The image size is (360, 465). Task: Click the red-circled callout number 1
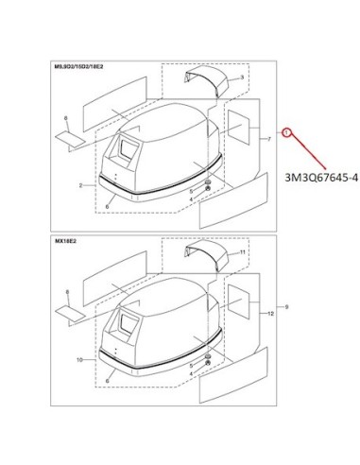pyautogui.click(x=286, y=133)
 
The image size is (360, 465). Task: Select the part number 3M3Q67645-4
pyautogui.click(x=321, y=179)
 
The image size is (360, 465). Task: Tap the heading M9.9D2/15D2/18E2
pyautogui.click(x=79, y=67)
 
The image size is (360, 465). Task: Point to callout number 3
pyautogui.click(x=242, y=77)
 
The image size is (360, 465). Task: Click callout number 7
pyautogui.click(x=269, y=139)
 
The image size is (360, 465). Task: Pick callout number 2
pyautogui.click(x=80, y=185)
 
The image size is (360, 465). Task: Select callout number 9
pyautogui.click(x=286, y=306)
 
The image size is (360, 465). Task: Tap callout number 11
pyautogui.click(x=242, y=252)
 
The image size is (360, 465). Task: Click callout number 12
pyautogui.click(x=270, y=314)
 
